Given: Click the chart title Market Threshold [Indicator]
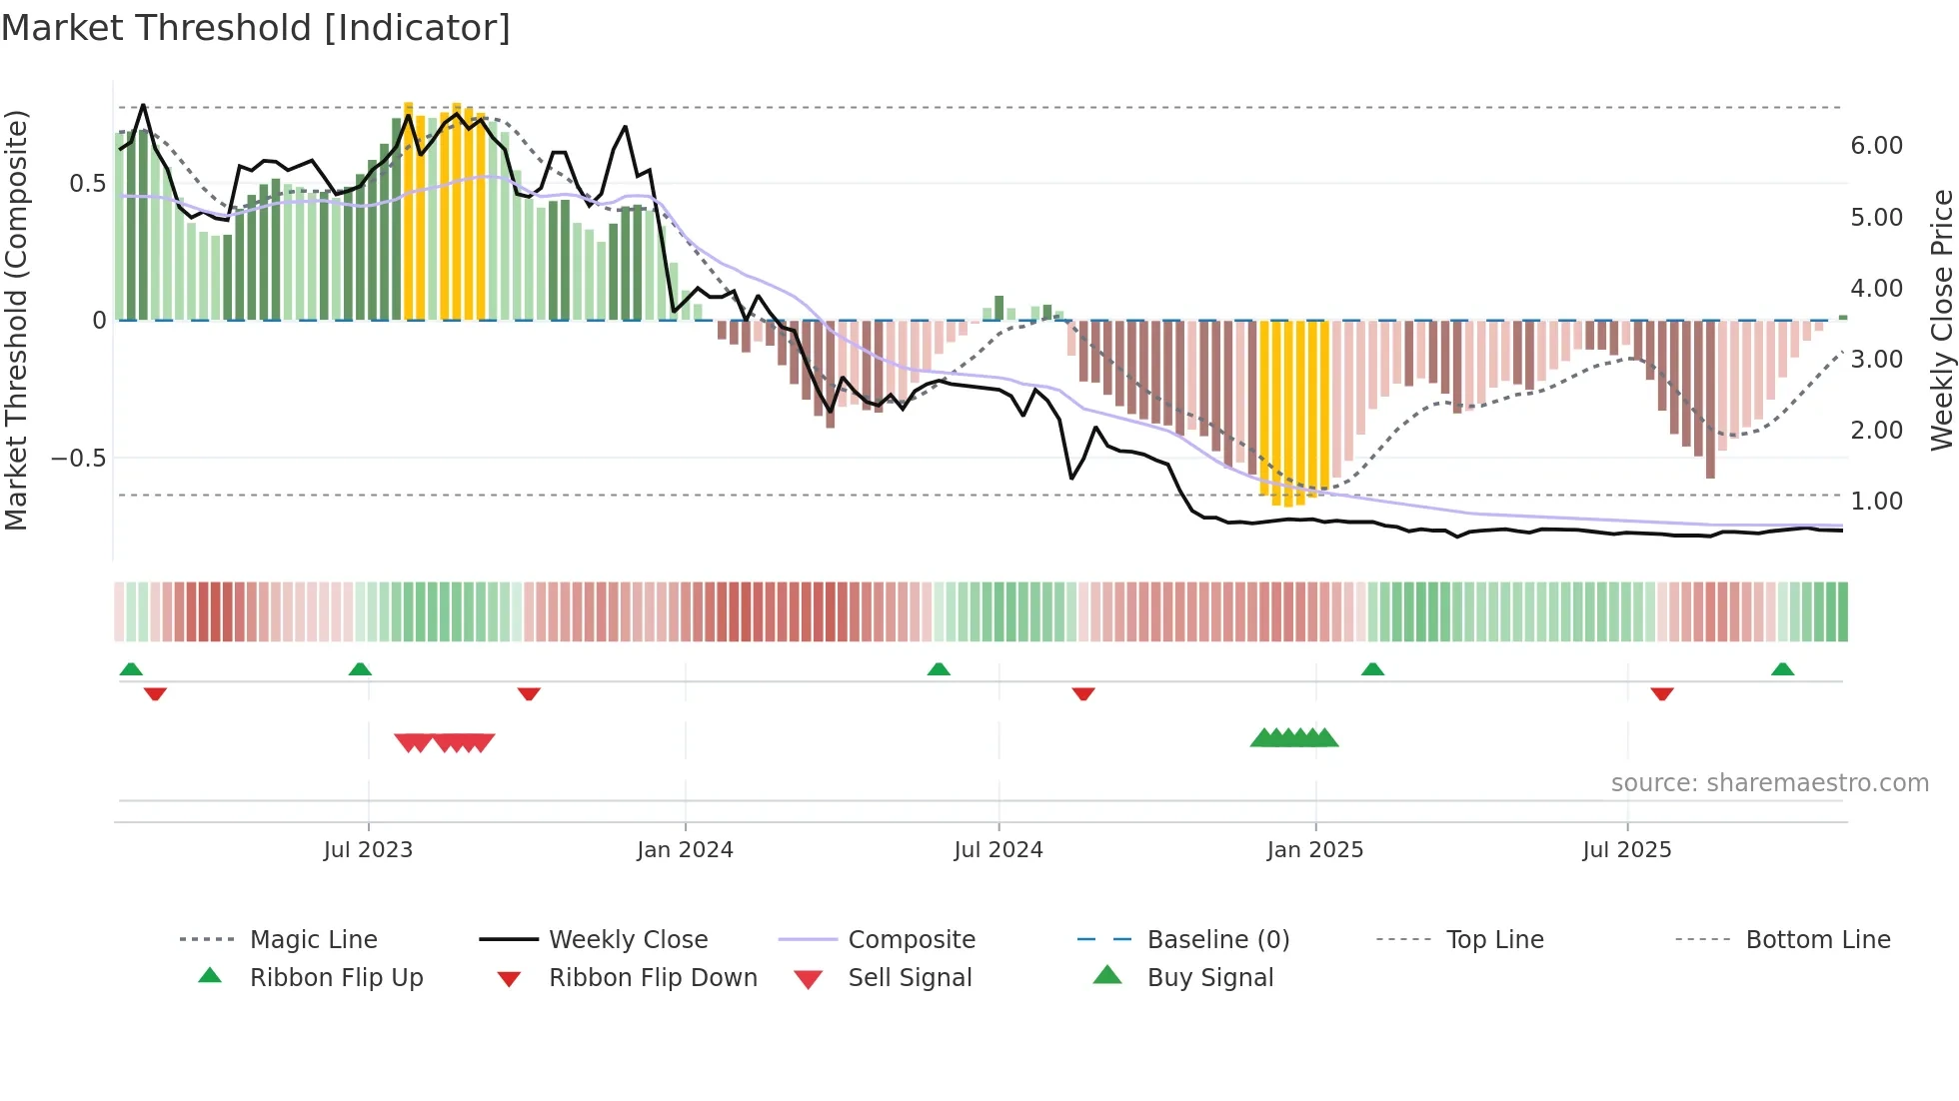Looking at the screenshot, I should [x=256, y=28].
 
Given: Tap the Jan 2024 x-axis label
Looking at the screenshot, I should [x=685, y=850].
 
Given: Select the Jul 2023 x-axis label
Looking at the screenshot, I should [x=368, y=850].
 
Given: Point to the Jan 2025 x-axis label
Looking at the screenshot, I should [x=1314, y=850].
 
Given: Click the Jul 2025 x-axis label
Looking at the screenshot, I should [x=1626, y=850].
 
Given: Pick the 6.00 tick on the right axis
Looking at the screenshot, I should [x=1876, y=146].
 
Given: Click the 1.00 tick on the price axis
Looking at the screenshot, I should [x=1876, y=502].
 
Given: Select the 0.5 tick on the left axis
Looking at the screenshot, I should [x=87, y=184].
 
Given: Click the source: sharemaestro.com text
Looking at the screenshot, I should [x=1769, y=783].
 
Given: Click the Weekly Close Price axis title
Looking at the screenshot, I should [x=1941, y=320].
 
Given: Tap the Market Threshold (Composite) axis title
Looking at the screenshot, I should [x=16, y=320].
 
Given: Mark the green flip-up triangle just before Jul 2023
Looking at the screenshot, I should [x=360, y=669].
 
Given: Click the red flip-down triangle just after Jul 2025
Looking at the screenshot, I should [x=1662, y=693].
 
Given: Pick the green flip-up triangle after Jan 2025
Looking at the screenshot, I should [x=1372, y=669].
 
